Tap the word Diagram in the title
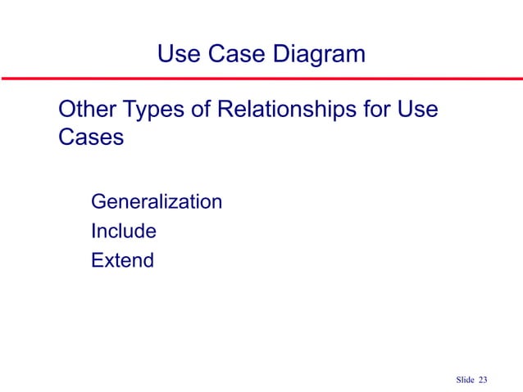(317, 56)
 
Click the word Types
(155, 110)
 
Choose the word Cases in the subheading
(91, 137)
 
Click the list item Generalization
(157, 201)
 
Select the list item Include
(124, 232)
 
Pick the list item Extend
(122, 262)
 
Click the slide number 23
(483, 379)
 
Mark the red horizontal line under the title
(261, 79)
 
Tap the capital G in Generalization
(98, 201)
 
